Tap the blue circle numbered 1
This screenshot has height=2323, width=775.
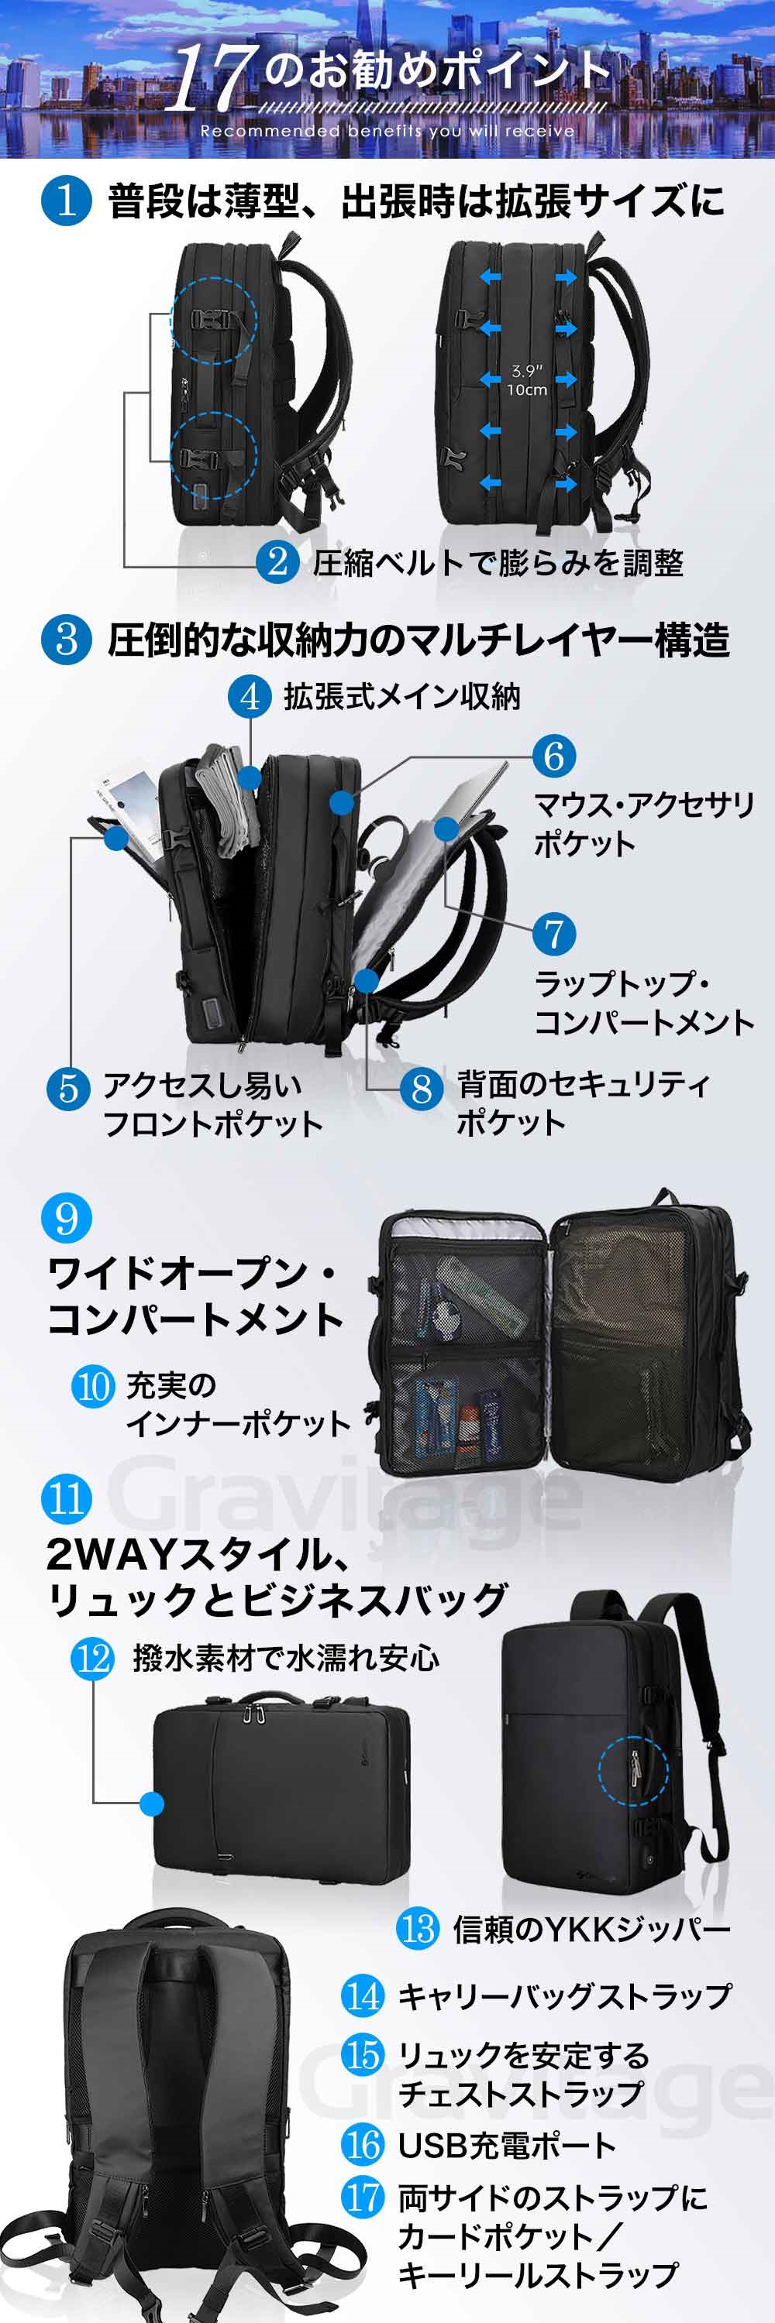[66, 201]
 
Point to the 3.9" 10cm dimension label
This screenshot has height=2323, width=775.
[526, 379]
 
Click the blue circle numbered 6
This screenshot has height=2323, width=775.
[554, 756]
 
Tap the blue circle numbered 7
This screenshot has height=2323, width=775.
[554, 935]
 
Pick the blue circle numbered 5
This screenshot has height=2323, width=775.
[68, 1089]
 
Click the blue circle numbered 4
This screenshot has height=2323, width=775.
[250, 697]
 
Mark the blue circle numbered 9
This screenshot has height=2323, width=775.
[67, 1217]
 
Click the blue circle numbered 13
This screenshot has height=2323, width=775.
[418, 1929]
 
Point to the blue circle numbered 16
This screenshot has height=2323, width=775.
[363, 2144]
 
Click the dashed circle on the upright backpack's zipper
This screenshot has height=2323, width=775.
[633, 1770]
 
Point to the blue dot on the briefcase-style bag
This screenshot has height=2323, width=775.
[153, 1803]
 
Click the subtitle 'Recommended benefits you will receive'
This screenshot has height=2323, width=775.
[387, 131]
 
